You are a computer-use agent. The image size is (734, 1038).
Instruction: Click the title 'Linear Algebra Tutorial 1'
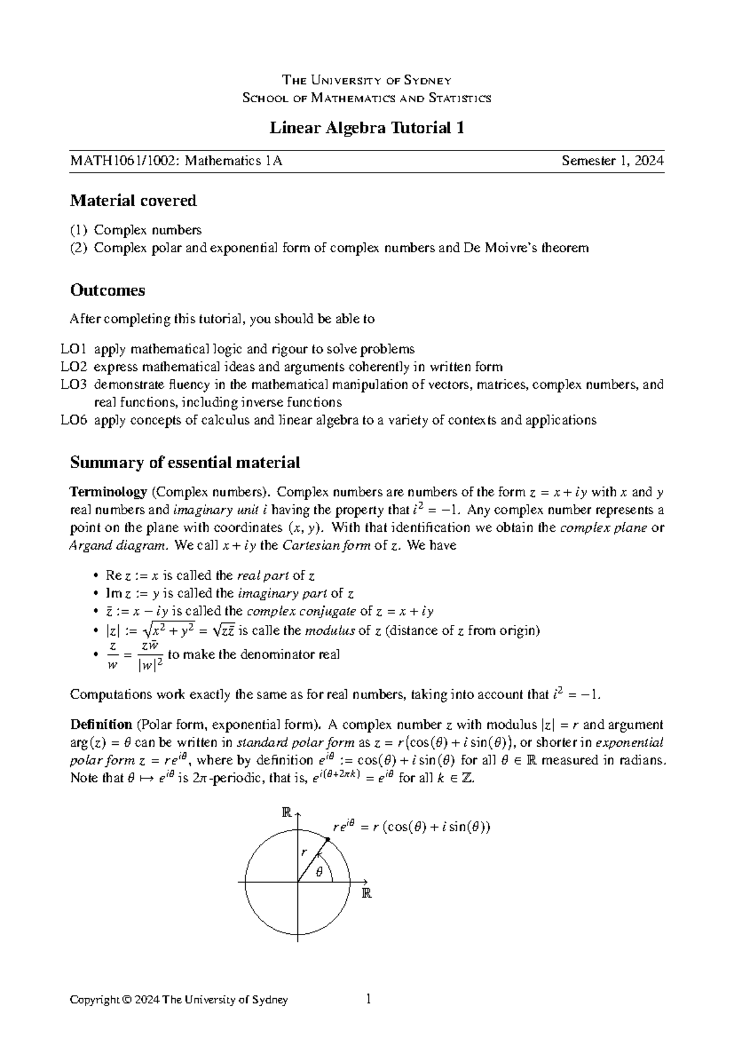[367, 128]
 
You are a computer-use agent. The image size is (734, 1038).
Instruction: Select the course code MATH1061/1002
[125, 161]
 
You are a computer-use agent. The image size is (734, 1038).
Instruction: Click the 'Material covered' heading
[133, 200]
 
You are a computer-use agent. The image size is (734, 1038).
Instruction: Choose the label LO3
[74, 385]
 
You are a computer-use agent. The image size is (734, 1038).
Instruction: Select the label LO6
[74, 420]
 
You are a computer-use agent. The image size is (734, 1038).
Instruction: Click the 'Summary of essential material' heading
[185, 462]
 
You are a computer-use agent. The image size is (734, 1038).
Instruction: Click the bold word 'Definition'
[102, 725]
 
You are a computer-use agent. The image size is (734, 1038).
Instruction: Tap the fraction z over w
[112, 655]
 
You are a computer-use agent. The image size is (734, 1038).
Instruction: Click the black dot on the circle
[328, 840]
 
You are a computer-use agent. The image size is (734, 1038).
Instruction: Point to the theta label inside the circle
[318, 873]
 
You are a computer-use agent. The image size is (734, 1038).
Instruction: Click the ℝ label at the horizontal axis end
[366, 892]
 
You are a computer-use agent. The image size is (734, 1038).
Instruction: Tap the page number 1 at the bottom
[368, 1000]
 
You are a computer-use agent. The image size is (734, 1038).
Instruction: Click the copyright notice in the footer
[179, 1000]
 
